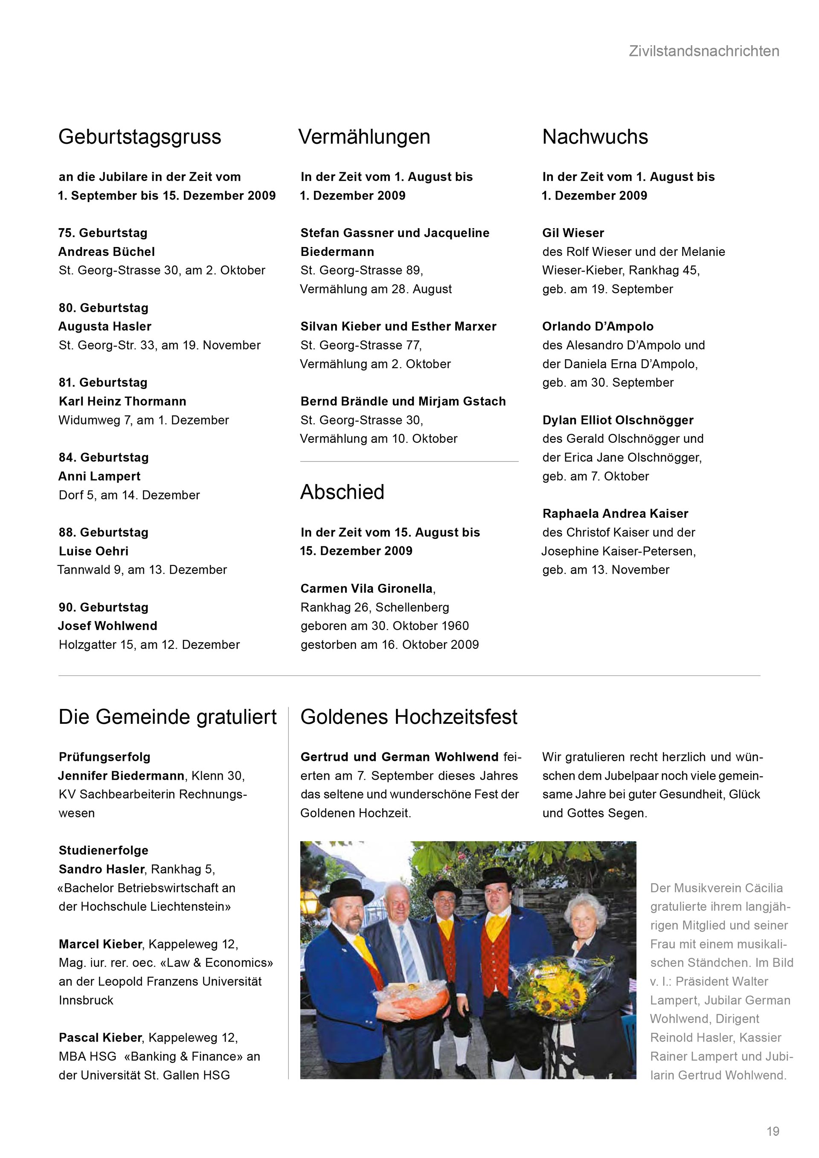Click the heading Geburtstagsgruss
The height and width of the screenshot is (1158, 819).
point(139,136)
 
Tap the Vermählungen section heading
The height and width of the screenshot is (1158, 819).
point(364,136)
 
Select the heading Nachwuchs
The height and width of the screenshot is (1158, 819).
point(595,136)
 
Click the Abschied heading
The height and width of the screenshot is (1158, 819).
point(342,492)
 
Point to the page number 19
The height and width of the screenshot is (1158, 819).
point(773,1131)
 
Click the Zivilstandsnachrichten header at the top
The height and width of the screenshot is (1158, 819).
point(703,51)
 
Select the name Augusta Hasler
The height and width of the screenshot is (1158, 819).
point(105,326)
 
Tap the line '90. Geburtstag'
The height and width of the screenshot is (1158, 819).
point(103,607)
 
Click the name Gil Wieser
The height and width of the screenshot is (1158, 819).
point(573,233)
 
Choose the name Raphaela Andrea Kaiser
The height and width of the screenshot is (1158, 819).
point(615,514)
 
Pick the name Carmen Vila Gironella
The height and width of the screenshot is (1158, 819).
point(367,589)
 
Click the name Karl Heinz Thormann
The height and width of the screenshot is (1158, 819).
point(122,401)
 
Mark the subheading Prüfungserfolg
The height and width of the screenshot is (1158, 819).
point(105,757)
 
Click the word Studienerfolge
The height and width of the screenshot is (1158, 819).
point(103,850)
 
